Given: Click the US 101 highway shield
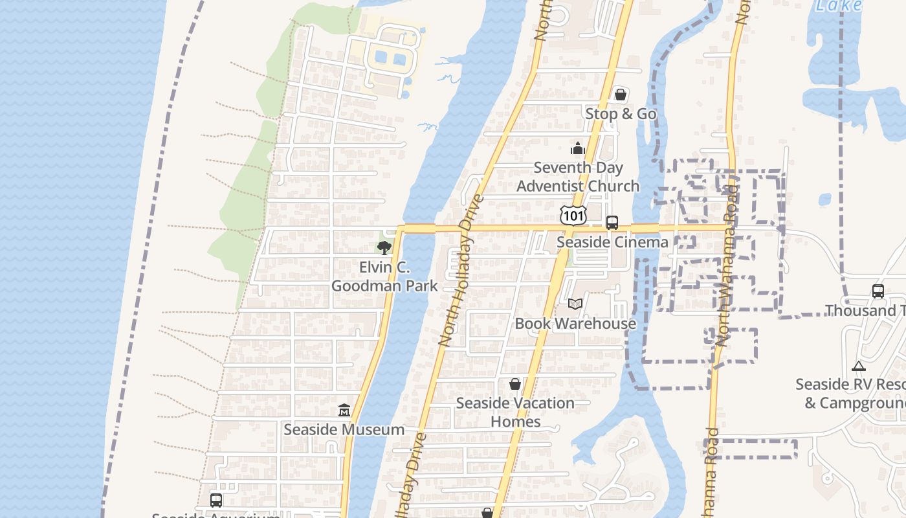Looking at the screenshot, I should coord(573,215).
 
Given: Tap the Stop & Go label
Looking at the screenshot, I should coord(621,114).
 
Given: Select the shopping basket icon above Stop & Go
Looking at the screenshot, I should coord(621,95).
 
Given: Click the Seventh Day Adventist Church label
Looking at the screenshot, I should coord(578,177).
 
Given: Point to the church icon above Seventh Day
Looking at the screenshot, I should coord(578,149).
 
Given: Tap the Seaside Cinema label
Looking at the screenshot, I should coord(612,242).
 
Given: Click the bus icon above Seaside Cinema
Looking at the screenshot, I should coord(612,223).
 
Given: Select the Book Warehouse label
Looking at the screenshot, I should coord(575,323).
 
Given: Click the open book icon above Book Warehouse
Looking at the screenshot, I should coord(575,304).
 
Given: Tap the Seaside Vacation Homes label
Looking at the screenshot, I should coord(515,412).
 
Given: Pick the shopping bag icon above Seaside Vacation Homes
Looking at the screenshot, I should coord(515,384).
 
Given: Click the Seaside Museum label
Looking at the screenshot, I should coord(344,429).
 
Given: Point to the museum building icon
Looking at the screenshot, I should coord(344,411).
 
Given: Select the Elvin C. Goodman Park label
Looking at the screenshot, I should coord(384,276).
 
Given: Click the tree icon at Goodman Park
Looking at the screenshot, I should coord(384,247).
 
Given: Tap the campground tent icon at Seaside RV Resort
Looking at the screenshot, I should coord(859,366).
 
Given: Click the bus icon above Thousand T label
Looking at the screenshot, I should coord(878,291).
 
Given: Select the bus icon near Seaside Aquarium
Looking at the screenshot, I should coord(216,500).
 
